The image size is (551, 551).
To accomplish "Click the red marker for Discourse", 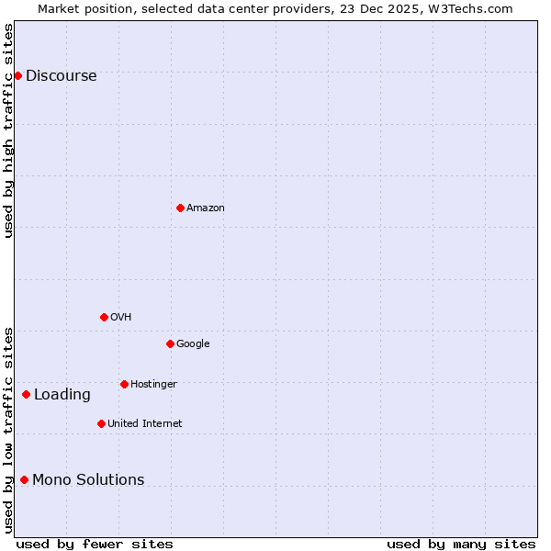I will (x=17, y=75).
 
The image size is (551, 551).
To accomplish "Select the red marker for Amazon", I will (x=180, y=208).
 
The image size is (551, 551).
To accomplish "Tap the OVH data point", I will (x=104, y=317).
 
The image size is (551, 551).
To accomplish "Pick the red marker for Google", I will (x=170, y=343).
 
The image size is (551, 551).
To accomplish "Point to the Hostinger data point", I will (x=124, y=384).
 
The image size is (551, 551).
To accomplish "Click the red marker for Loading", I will (x=26, y=394).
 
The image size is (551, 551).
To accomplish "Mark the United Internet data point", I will (x=101, y=423).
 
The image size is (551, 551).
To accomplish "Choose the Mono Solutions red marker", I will (x=24, y=479).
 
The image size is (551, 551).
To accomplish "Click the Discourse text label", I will (x=61, y=76).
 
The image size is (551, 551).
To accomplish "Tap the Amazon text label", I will (x=206, y=208).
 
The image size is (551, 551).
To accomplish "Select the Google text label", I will (x=193, y=344).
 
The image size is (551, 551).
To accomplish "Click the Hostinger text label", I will (x=153, y=384).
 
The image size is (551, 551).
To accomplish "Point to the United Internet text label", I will (x=144, y=424).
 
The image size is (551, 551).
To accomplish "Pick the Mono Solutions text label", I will (x=88, y=480).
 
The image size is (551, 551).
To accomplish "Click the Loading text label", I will (x=62, y=395).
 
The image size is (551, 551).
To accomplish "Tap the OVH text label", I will (x=120, y=318).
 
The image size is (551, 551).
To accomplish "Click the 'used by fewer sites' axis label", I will (x=95, y=544).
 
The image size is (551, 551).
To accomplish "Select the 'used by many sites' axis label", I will (x=461, y=544).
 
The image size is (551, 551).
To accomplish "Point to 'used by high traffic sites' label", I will (x=8, y=130).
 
